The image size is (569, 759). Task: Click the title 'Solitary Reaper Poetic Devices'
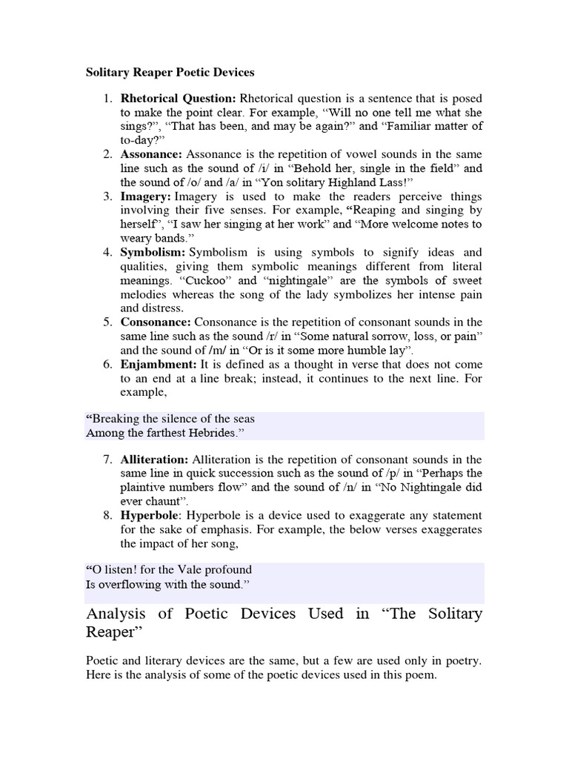pyautogui.click(x=170, y=73)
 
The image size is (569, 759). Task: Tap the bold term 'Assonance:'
pyautogui.click(x=151, y=154)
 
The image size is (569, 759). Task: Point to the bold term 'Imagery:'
pyautogui.click(x=146, y=196)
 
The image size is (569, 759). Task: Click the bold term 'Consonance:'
pyautogui.click(x=156, y=322)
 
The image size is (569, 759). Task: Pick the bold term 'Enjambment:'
pyautogui.click(x=157, y=364)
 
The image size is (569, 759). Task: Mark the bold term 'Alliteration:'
pyautogui.click(x=156, y=460)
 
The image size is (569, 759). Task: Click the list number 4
pyautogui.click(x=107, y=253)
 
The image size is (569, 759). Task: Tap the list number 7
pyautogui.click(x=107, y=460)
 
